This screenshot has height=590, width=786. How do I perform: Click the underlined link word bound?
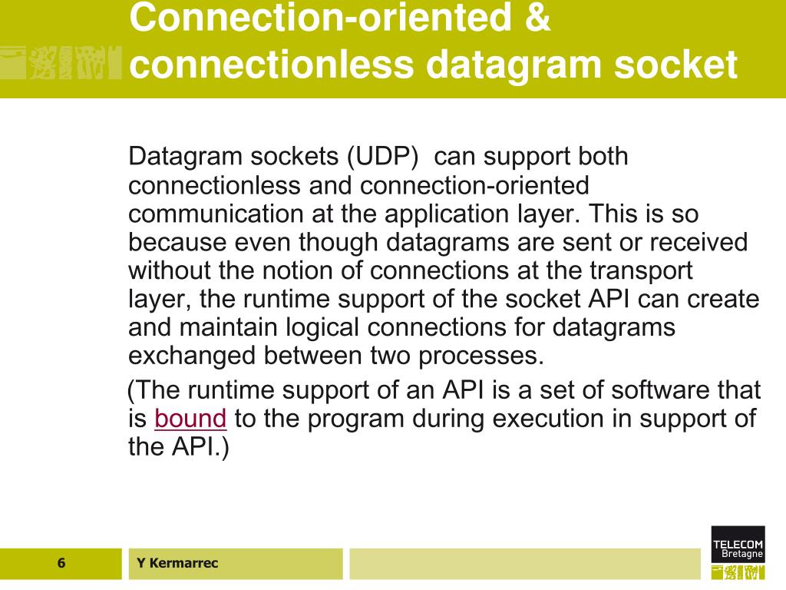[x=190, y=419]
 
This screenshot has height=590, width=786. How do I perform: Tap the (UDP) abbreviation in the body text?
[x=381, y=157]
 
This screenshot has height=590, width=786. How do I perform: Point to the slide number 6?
[x=61, y=563]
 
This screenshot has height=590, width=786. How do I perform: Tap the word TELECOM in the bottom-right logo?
[x=738, y=545]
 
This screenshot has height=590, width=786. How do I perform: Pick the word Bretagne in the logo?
[x=742, y=554]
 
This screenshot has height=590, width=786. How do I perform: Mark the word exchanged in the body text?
[x=193, y=356]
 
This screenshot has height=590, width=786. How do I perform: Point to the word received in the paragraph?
[x=698, y=242]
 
